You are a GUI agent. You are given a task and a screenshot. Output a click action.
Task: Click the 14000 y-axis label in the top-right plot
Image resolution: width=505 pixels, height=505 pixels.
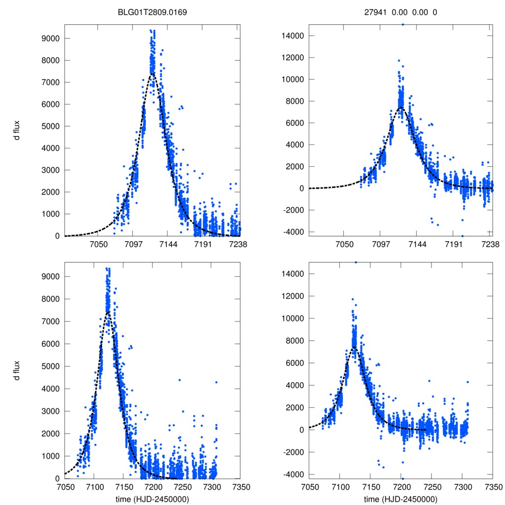click(x=292, y=36)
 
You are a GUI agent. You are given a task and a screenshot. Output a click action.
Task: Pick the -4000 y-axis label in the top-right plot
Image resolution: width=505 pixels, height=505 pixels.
click(x=294, y=232)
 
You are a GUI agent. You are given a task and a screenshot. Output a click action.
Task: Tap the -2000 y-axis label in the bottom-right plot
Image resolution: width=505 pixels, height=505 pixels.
click(x=294, y=452)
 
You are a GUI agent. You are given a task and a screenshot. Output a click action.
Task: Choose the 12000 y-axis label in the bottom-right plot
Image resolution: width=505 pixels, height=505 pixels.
click(x=292, y=296)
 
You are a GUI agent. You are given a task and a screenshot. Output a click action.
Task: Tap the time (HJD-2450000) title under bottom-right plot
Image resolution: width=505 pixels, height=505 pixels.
click(x=400, y=499)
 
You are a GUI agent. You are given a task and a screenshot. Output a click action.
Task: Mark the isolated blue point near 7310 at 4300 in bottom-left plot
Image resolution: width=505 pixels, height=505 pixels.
click(x=216, y=382)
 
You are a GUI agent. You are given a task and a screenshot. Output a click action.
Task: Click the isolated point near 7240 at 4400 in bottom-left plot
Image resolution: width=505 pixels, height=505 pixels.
click(x=180, y=380)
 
